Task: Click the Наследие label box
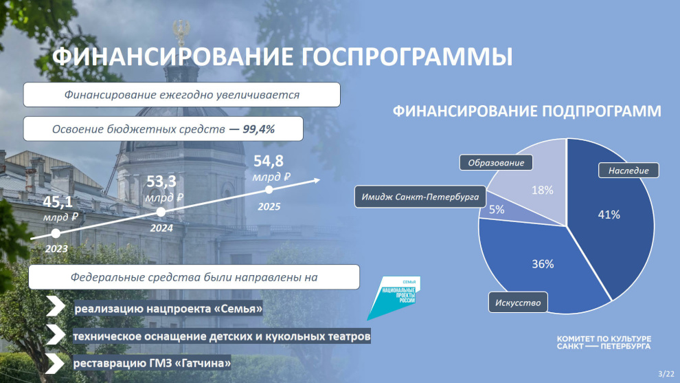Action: pos(628,171)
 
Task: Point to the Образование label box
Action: pos(496,163)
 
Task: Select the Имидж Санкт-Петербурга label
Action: pos(420,197)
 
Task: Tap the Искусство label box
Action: pos(518,303)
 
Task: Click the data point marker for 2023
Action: pos(56,233)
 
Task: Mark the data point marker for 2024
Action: pos(161,212)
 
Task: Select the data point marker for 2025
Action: pos(269,190)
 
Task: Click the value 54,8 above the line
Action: pos(269,161)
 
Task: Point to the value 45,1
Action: pos(58,202)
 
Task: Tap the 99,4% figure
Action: pos(258,129)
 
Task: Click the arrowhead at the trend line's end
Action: pos(317,180)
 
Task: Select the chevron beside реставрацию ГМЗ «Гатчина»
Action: pos(54,363)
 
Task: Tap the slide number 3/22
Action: pos(666,373)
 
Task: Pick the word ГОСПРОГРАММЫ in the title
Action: pos(407,57)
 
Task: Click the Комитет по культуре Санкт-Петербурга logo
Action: pos(604,342)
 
